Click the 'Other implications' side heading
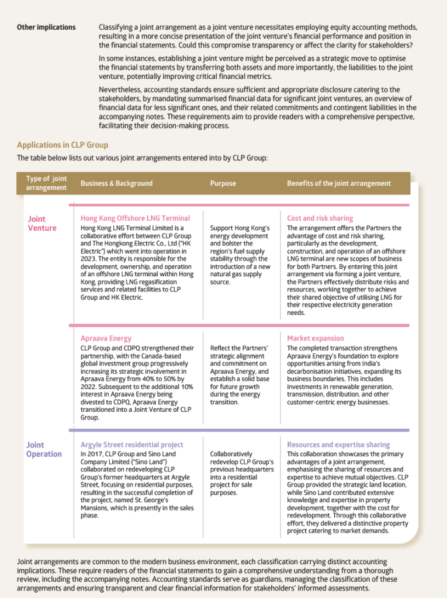[46, 27]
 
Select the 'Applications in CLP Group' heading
[63, 145]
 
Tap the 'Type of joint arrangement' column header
[47, 183]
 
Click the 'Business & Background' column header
[116, 183]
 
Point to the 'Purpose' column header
[223, 183]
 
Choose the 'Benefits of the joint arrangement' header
[339, 183]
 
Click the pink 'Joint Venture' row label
[42, 224]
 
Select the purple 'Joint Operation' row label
[44, 450]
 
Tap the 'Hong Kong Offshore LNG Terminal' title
[135, 218]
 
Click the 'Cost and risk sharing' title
[320, 218]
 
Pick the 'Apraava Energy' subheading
[106, 338]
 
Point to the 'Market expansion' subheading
[316, 338]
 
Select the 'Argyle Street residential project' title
[132, 445]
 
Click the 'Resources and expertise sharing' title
[338, 445]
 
